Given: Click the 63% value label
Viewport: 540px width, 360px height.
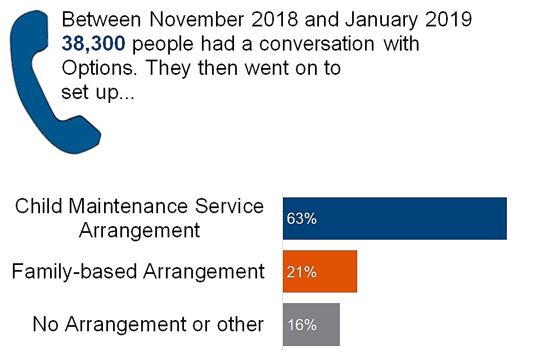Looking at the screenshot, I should click(301, 218).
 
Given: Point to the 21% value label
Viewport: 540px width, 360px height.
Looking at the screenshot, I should click(301, 272).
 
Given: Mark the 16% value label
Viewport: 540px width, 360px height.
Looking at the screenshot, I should click(301, 325).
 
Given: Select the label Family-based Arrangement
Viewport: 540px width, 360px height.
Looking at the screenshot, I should click(138, 272).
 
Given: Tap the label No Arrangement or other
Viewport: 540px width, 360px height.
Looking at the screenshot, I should click(148, 325).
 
